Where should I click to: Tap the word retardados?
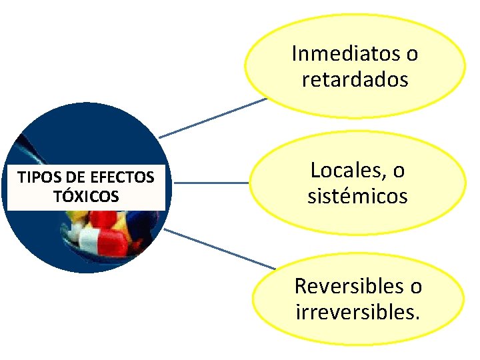355,80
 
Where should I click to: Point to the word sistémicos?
357,197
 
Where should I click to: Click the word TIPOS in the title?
33,178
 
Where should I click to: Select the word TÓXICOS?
87,197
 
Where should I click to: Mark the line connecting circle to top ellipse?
212,119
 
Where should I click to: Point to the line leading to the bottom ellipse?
220,249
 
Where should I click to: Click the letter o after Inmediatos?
412,54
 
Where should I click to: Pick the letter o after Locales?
398,171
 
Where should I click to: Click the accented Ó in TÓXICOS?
65,196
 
